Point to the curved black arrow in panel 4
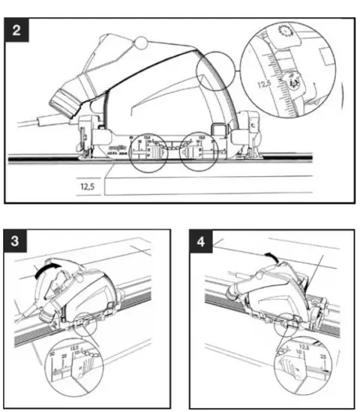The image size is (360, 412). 276,257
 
